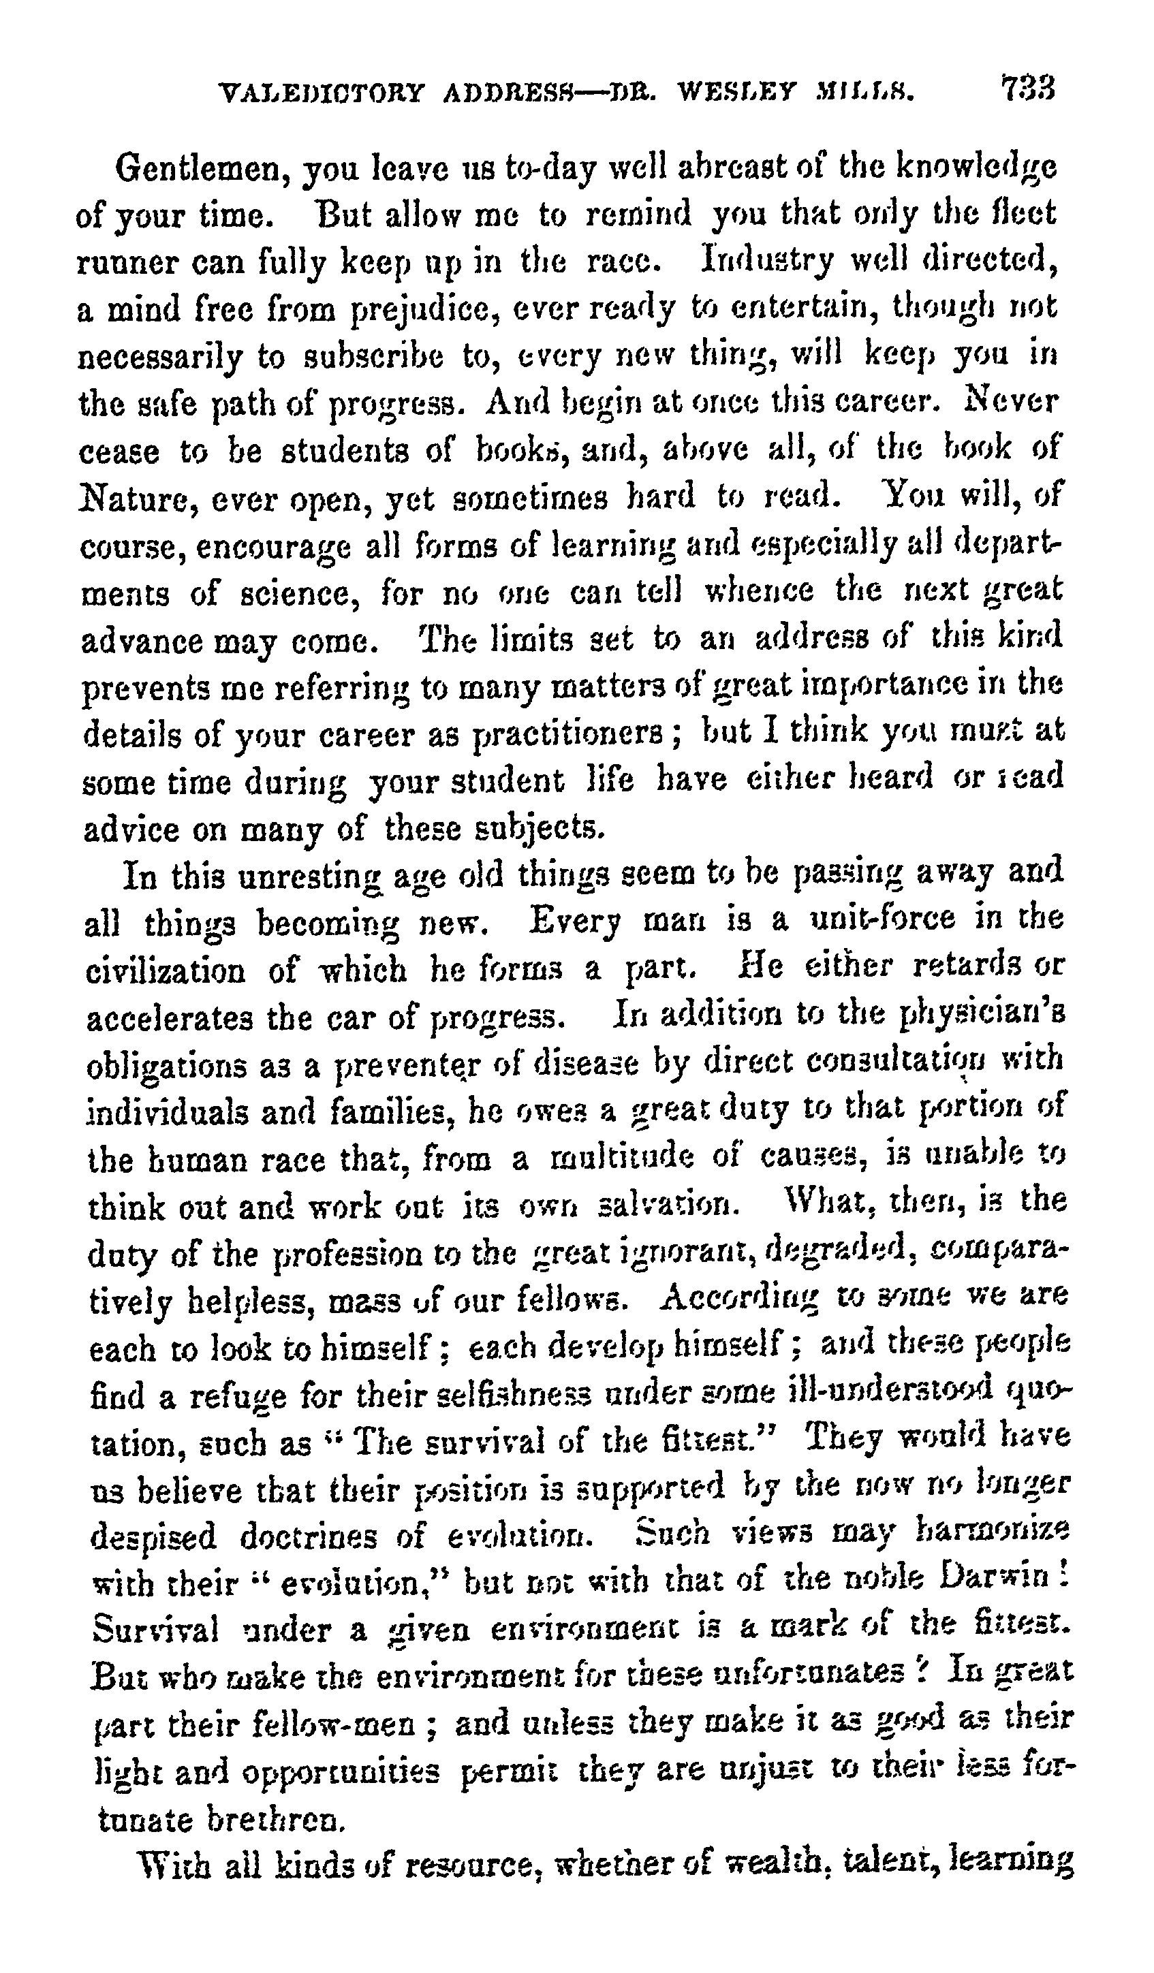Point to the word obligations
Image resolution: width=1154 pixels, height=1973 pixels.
coord(167,1067)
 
